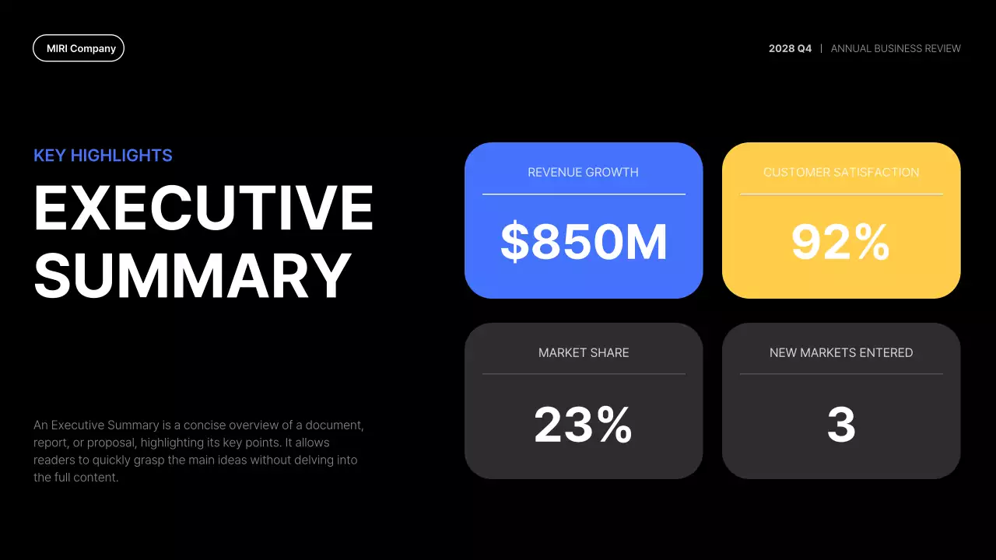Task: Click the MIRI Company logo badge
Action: pyautogui.click(x=79, y=48)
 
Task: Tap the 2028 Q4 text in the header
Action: pyautogui.click(x=790, y=48)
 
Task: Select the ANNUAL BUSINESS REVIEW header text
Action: pyautogui.click(x=896, y=48)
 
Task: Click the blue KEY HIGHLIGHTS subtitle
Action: pyautogui.click(x=103, y=156)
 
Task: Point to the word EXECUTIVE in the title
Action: pyautogui.click(x=204, y=208)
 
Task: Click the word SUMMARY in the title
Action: pyautogui.click(x=192, y=275)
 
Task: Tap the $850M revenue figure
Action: pyautogui.click(x=584, y=242)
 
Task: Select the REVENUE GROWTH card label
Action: pyautogui.click(x=583, y=173)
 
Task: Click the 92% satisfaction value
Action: pyautogui.click(x=840, y=243)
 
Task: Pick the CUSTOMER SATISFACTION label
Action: pyautogui.click(x=841, y=173)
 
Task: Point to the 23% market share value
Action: pyautogui.click(x=584, y=425)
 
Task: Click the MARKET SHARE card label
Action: pyautogui.click(x=584, y=353)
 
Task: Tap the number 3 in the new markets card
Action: pyautogui.click(x=841, y=425)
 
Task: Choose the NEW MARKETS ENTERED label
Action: pyautogui.click(x=841, y=353)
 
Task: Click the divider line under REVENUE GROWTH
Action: pyautogui.click(x=584, y=194)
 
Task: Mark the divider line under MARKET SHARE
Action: pyautogui.click(x=584, y=374)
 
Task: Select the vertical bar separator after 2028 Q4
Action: pyautogui.click(x=821, y=48)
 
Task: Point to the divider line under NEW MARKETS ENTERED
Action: pyautogui.click(x=841, y=374)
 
